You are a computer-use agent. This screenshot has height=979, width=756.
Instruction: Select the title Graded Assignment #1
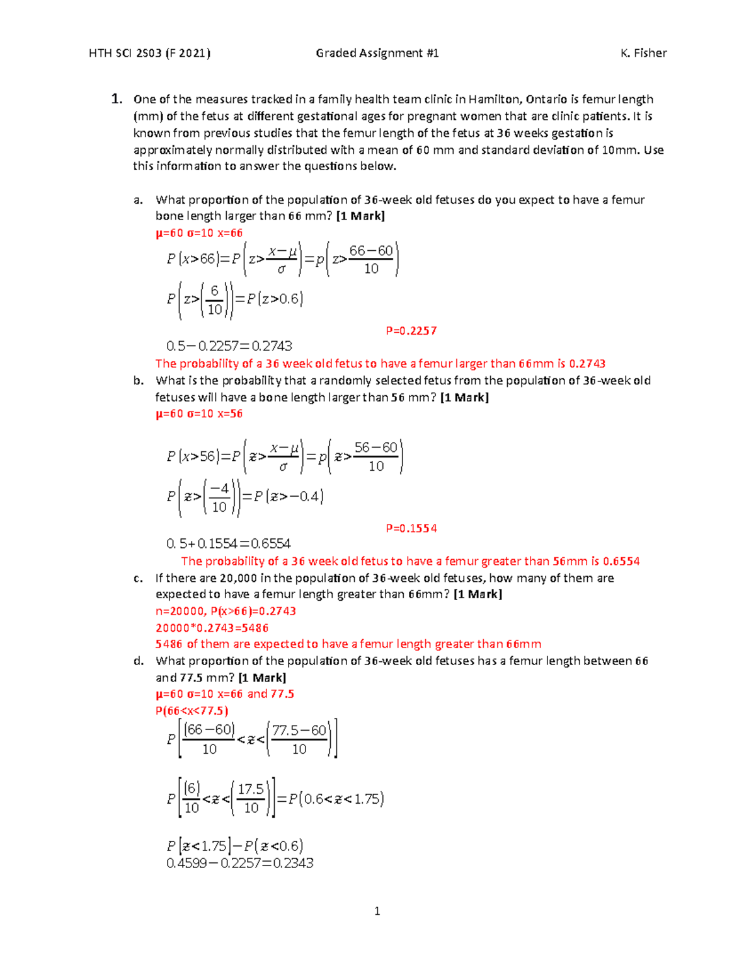click(x=377, y=53)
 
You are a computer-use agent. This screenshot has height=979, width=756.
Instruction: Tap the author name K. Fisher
click(x=643, y=53)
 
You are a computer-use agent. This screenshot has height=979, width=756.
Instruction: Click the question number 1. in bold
click(x=117, y=99)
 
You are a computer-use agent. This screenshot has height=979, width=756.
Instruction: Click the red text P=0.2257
click(x=411, y=330)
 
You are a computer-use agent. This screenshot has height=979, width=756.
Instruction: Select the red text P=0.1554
click(x=411, y=528)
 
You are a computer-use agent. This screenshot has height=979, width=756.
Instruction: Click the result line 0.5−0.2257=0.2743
click(x=229, y=346)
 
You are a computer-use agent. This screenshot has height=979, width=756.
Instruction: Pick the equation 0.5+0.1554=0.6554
click(x=229, y=543)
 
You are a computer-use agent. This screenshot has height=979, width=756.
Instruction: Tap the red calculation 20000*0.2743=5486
click(x=212, y=628)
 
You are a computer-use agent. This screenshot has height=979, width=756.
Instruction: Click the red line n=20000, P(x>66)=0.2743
click(x=226, y=611)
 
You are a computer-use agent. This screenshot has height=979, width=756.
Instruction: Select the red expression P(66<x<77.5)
click(x=192, y=710)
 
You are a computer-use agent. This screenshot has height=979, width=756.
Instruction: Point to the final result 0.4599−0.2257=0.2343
click(x=240, y=863)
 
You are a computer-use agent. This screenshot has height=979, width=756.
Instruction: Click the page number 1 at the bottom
click(x=377, y=911)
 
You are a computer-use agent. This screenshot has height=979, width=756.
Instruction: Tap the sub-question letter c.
click(x=138, y=578)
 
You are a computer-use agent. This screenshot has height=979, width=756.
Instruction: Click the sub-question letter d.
click(x=139, y=661)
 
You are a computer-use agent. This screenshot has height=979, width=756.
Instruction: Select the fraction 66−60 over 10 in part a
click(x=371, y=259)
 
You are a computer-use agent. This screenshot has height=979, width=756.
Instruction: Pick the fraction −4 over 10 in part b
click(x=219, y=497)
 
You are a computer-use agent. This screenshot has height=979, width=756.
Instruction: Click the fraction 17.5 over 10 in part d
click(x=251, y=798)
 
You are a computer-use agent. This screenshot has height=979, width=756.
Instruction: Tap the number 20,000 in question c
click(x=238, y=578)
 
